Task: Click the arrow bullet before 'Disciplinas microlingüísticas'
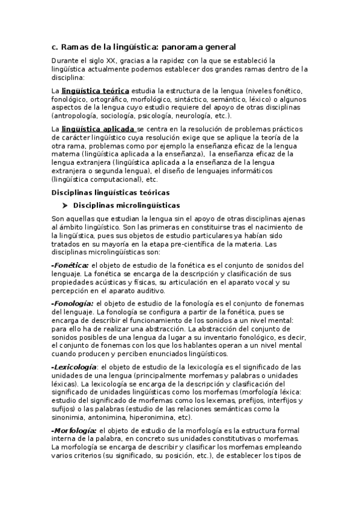pyautogui.click(x=64, y=206)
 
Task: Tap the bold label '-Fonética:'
pyautogui.click(x=70, y=265)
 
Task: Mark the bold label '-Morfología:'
pyautogui.click(x=74, y=430)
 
